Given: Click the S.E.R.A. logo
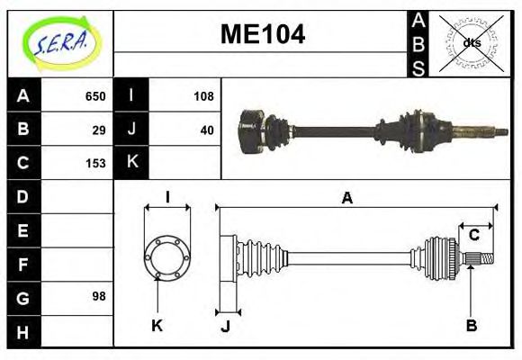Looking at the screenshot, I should click(x=60, y=42).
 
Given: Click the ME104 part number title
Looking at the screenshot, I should click(x=262, y=34).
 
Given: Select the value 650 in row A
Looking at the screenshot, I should click(x=95, y=96).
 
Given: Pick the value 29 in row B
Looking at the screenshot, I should click(x=100, y=130).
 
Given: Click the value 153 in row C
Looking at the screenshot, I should click(x=95, y=163).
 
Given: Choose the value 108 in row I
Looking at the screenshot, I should click(x=203, y=96).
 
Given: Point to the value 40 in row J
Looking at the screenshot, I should click(x=207, y=130).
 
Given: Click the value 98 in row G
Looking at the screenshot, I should click(x=100, y=296).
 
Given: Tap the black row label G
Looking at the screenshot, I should click(x=23, y=296).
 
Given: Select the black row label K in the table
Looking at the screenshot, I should click(x=131, y=163).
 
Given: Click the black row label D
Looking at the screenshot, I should click(x=23, y=196).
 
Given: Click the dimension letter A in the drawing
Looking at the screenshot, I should click(x=346, y=199).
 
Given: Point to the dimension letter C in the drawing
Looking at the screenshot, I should click(x=473, y=235).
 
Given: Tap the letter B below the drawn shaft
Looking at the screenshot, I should click(x=471, y=325).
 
